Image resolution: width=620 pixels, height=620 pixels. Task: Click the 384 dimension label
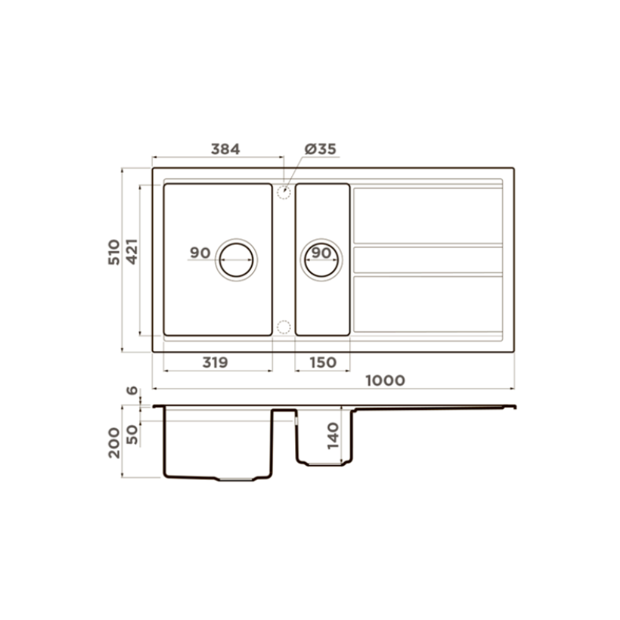click(x=226, y=149)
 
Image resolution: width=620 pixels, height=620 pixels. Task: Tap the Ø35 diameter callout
click(x=321, y=149)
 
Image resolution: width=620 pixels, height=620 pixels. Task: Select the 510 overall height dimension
click(x=114, y=252)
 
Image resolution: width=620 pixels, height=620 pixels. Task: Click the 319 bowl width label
click(x=215, y=362)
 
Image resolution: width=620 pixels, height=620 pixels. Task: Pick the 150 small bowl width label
click(x=322, y=362)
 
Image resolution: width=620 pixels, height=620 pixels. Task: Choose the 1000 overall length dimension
click(x=385, y=381)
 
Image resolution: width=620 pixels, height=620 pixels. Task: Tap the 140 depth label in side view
click(x=334, y=436)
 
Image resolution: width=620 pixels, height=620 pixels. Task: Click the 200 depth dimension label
click(x=114, y=443)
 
